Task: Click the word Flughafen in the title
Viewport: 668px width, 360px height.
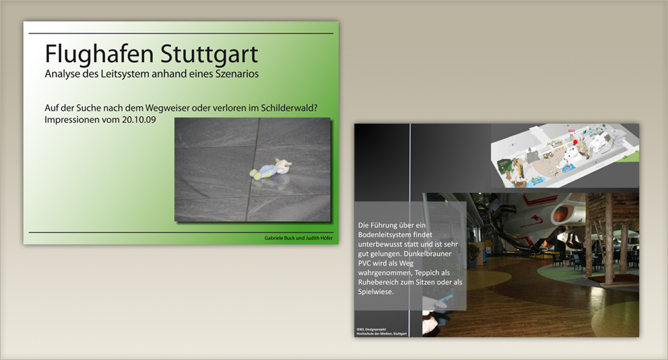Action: pos(88,53)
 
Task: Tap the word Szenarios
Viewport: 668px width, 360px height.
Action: pos(234,73)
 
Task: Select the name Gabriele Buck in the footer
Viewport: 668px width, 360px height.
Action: pos(281,238)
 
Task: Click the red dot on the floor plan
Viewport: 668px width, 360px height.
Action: pos(574,142)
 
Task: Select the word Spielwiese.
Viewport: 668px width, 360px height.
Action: pos(377,292)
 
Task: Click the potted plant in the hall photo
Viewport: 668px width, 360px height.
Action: pos(473,254)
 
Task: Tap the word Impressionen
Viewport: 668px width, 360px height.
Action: pos(73,120)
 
